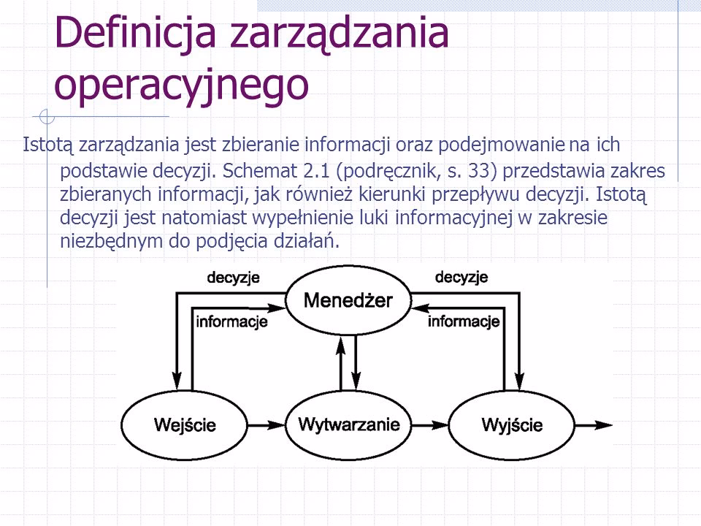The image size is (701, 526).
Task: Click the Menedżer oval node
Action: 348,300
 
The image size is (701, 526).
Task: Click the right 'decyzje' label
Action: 461,278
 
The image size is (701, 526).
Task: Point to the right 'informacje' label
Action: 464,321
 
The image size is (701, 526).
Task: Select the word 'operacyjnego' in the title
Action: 181,83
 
